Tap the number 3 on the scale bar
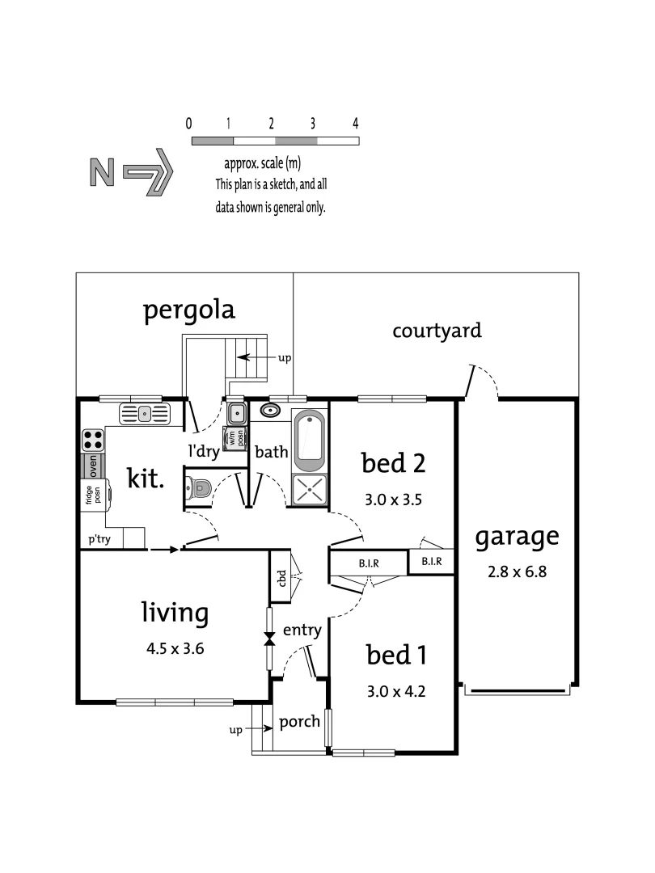313,124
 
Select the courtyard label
437,330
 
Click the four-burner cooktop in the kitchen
93,441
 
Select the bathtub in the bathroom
309,441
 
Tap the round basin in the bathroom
269,411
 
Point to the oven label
93,466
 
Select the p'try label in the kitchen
100,539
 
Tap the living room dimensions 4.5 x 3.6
175,647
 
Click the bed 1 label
396,655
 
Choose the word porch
299,722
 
